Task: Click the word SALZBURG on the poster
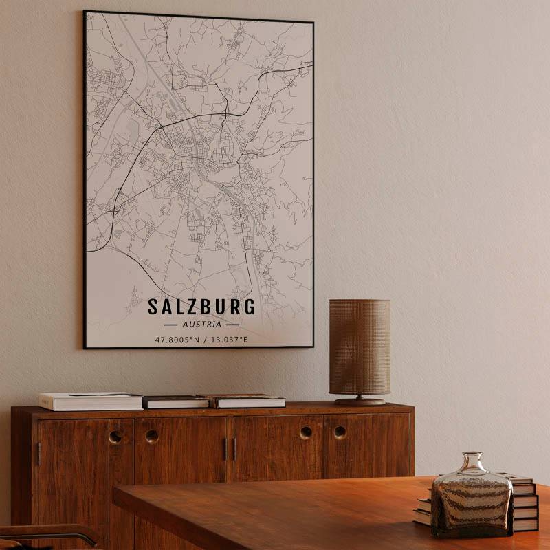pyautogui.click(x=201, y=307)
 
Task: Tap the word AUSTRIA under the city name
pyautogui.click(x=202, y=324)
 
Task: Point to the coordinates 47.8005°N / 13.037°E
pyautogui.click(x=201, y=339)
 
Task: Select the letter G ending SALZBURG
pyautogui.click(x=248, y=307)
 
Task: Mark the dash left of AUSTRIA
pyautogui.click(x=170, y=324)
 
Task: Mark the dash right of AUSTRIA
pyautogui.click(x=232, y=324)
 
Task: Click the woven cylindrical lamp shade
pyautogui.click(x=359, y=346)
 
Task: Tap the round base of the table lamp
pyautogui.click(x=360, y=401)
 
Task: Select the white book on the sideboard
pyautogui.click(x=90, y=401)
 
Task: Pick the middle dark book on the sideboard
pyautogui.click(x=175, y=402)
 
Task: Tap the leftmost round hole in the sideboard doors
pyautogui.click(x=115, y=437)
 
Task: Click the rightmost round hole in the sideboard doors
pyautogui.click(x=340, y=432)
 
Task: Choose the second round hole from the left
pyautogui.click(x=152, y=436)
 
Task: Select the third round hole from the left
pyautogui.click(x=306, y=433)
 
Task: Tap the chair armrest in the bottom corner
pyautogui.click(x=48, y=533)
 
